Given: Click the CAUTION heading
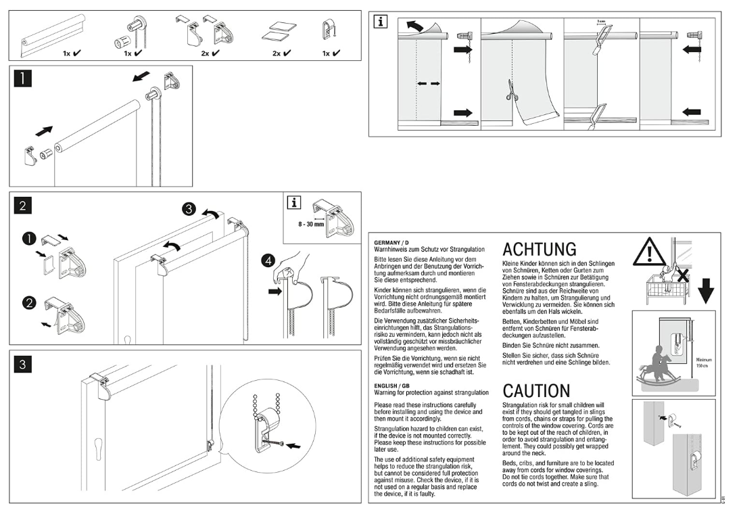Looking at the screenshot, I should click(536, 391).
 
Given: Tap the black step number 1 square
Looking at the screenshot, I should click(23, 78).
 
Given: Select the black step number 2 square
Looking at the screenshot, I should click(23, 206).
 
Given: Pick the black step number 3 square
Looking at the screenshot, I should click(23, 364).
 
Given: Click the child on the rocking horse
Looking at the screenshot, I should click(657, 365).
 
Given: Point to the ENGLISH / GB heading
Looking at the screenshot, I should click(391, 386).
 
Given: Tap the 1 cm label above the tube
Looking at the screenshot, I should click(601, 22).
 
